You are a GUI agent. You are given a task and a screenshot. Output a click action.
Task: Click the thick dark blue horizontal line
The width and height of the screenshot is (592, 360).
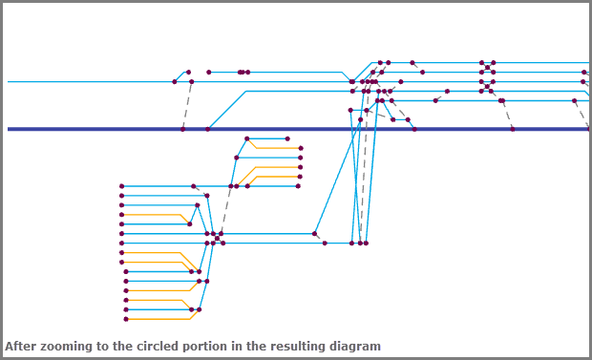(x=298, y=129)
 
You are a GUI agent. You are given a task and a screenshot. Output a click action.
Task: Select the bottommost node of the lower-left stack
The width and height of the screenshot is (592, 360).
(x=126, y=319)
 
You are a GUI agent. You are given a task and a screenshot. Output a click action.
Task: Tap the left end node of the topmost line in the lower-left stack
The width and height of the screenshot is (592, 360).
(x=121, y=186)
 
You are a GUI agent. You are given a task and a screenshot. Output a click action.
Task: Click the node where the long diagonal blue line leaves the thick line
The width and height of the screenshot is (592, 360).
(x=207, y=129)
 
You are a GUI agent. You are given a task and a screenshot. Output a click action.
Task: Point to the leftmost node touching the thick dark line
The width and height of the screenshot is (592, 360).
(x=182, y=129)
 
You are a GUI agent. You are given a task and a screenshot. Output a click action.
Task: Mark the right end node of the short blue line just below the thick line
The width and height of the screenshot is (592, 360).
(x=287, y=138)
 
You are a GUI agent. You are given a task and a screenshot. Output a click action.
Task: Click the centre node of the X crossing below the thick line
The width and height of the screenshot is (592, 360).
(x=217, y=239)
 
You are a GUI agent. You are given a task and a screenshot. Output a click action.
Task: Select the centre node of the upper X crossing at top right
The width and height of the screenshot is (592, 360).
(x=487, y=68)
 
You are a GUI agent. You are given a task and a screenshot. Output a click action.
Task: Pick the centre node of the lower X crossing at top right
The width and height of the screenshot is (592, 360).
(x=487, y=87)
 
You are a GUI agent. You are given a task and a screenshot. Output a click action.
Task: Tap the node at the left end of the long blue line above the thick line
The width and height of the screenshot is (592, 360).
(x=175, y=81)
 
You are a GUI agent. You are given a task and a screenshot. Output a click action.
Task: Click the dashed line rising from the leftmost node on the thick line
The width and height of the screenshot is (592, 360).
(x=187, y=105)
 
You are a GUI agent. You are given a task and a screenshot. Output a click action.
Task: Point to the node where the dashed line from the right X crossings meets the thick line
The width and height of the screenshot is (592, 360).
(x=513, y=129)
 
